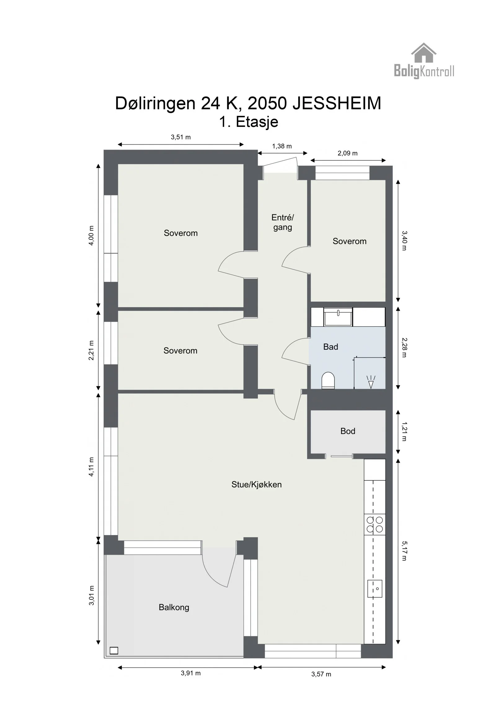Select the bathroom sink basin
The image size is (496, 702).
(338, 317)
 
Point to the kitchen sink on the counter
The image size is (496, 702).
(375, 588)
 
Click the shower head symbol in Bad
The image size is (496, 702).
(371, 382)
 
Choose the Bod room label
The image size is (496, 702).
(348, 431)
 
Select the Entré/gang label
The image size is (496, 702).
(282, 222)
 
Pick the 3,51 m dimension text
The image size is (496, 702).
(181, 137)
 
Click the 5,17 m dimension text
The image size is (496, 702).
(404, 551)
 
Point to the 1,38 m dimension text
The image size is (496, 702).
(282, 146)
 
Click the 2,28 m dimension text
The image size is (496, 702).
(404, 347)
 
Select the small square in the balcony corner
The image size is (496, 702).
(114, 651)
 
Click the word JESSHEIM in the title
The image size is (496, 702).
(337, 103)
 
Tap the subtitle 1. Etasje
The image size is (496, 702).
(249, 122)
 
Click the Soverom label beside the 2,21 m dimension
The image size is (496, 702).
(180, 351)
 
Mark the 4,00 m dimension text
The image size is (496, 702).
(91, 235)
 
